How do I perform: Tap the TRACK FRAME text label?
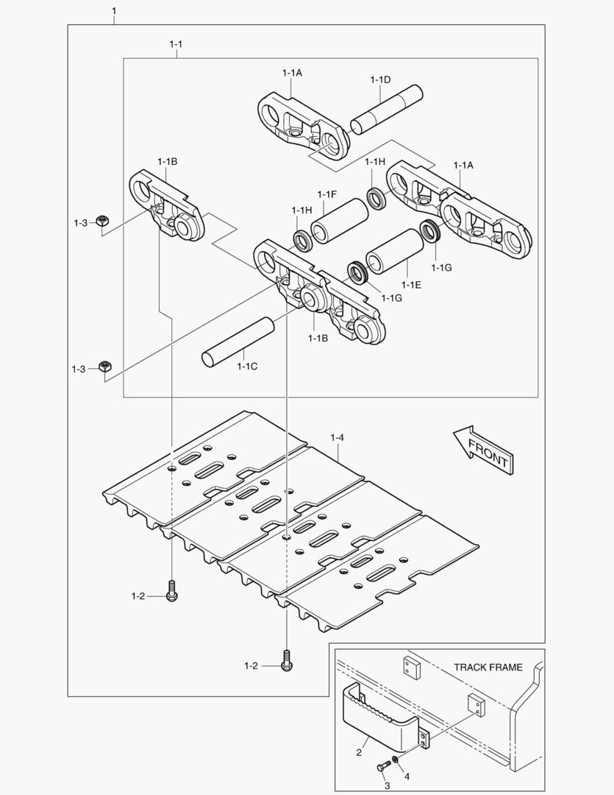pyautogui.click(x=488, y=668)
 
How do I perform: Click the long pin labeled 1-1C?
pyautogui.click(x=238, y=340)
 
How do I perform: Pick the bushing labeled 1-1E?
pyautogui.click(x=394, y=252)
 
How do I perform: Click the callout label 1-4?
pyautogui.click(x=338, y=438)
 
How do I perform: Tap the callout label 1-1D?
pyautogui.click(x=380, y=79)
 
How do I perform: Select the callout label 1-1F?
pyautogui.click(x=326, y=194)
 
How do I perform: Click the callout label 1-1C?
pyautogui.click(x=247, y=366)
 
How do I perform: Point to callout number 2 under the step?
pyautogui.click(x=358, y=752)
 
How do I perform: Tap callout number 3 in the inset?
pyautogui.click(x=386, y=785)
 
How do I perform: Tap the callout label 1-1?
pyautogui.click(x=176, y=45)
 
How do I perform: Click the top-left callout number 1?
pyautogui.click(x=114, y=11)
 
